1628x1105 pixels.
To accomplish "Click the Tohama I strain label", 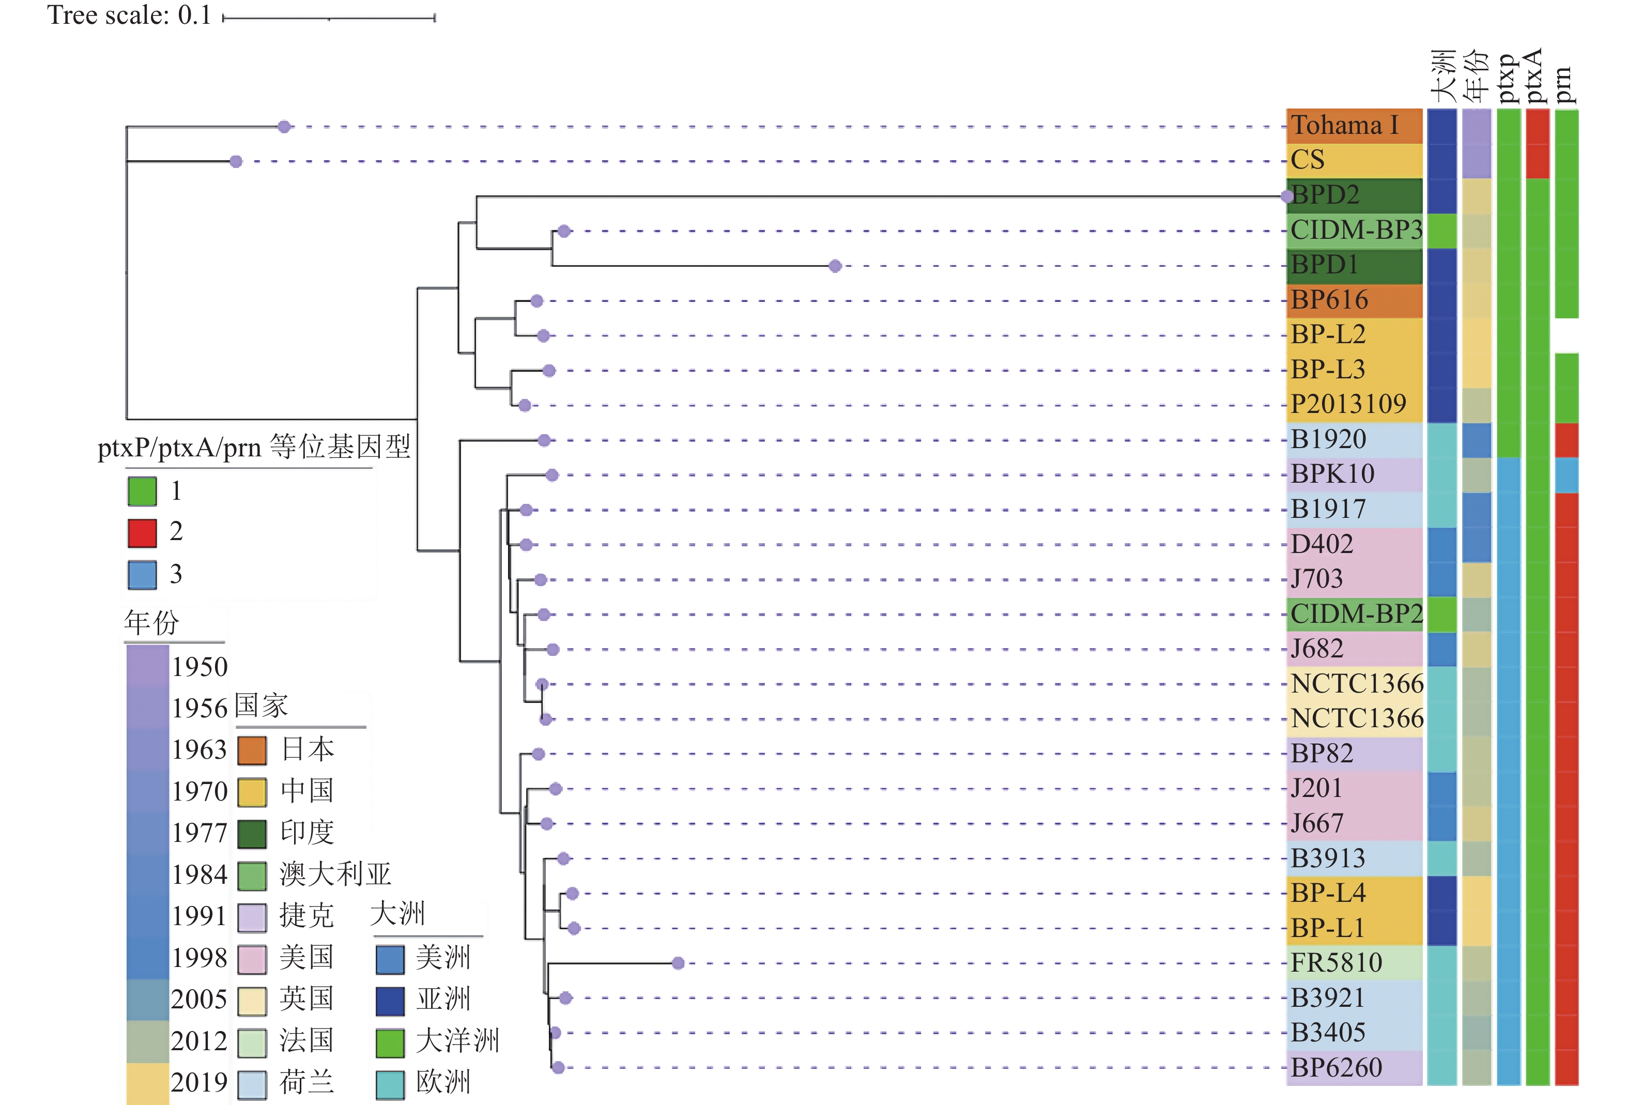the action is (1344, 126).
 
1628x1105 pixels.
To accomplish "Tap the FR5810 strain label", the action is (1337, 963).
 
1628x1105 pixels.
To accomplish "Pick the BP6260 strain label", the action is (1337, 1067).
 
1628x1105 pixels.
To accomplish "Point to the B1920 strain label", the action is (1329, 439).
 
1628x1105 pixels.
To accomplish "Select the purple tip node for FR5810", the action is (678, 963).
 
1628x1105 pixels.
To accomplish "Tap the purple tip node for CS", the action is (236, 162).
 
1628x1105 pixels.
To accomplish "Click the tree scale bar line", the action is (329, 18).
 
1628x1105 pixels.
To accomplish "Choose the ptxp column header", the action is (1508, 79).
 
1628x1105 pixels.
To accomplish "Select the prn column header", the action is (1564, 85).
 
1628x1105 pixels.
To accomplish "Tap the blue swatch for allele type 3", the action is (142, 575).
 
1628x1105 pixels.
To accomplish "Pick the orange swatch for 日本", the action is (252, 750).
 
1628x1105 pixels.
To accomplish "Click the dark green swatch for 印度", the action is (252, 834).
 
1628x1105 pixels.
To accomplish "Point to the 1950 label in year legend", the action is (201, 666).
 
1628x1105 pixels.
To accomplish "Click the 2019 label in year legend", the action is (199, 1083).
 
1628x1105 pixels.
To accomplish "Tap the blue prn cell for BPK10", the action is (1566, 475).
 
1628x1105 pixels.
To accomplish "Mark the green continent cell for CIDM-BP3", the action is (1441, 231).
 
